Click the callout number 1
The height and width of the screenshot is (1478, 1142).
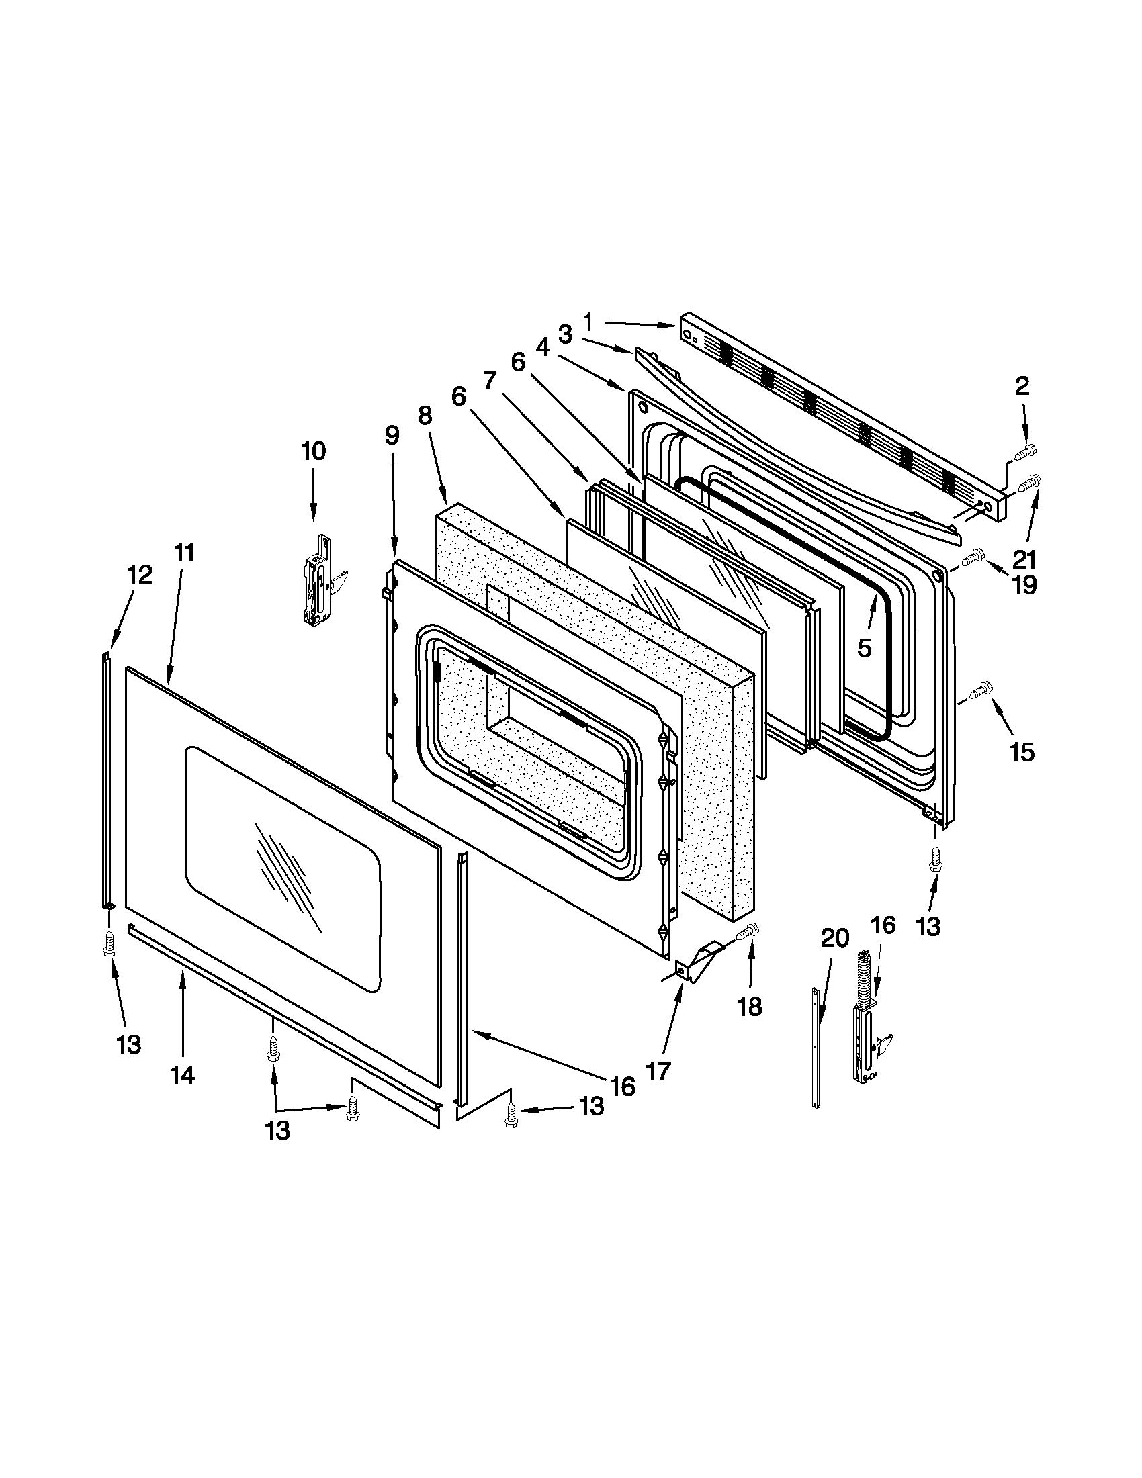pyautogui.click(x=587, y=322)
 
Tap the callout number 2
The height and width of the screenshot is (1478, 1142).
pyautogui.click(x=1022, y=386)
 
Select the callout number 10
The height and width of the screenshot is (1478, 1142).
pyautogui.click(x=313, y=451)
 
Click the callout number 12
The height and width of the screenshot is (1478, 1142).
pyautogui.click(x=140, y=575)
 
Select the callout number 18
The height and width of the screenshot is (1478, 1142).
pyautogui.click(x=750, y=1007)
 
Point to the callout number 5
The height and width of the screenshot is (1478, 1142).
pyautogui.click(x=865, y=647)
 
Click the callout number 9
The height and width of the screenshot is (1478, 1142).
pyautogui.click(x=392, y=436)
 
